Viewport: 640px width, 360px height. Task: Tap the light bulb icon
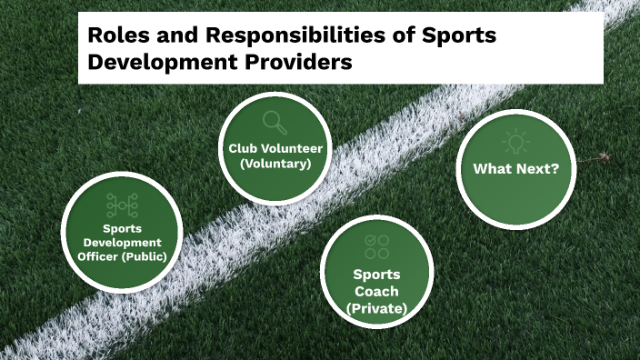(x=515, y=144)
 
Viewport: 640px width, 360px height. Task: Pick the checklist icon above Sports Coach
(x=375, y=245)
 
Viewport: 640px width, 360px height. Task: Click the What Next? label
(x=515, y=169)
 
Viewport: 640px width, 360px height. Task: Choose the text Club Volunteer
(x=274, y=148)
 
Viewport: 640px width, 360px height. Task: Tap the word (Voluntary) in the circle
(x=275, y=164)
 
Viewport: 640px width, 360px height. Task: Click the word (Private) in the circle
(x=376, y=308)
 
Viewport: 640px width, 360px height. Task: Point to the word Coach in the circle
(x=376, y=291)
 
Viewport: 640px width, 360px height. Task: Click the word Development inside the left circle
(x=122, y=242)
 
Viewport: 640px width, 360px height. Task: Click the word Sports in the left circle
(x=122, y=229)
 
